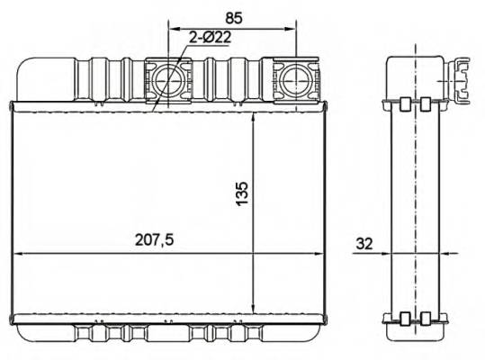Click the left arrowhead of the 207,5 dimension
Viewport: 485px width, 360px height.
click(18, 254)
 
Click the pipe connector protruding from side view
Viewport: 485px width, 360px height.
click(461, 77)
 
